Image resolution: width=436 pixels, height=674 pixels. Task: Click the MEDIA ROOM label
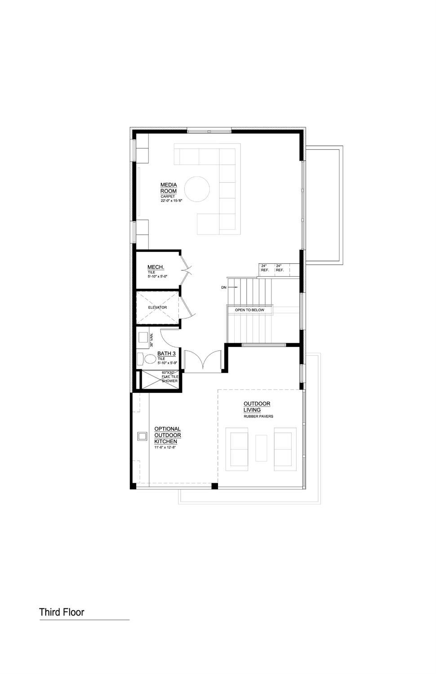[x=169, y=188]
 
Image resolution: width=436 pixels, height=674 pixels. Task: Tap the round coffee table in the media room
[x=197, y=189]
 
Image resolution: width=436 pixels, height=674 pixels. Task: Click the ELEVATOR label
[x=157, y=308]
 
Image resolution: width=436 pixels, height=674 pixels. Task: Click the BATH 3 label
[x=166, y=354]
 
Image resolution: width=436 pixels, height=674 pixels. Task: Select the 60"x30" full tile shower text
[x=170, y=377]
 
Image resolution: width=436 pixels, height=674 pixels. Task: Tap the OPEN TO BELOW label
[x=249, y=310]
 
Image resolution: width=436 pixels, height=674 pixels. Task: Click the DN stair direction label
[x=224, y=287]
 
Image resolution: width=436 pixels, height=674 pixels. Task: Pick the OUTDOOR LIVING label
[x=257, y=407]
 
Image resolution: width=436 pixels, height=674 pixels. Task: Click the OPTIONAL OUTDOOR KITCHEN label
[x=167, y=435]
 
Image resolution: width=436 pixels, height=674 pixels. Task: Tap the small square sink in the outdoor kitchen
[x=142, y=436]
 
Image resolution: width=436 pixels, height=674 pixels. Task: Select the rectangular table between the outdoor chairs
[x=261, y=448]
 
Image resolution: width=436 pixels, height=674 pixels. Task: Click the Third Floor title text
[x=62, y=612]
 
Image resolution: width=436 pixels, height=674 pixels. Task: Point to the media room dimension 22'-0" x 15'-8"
[x=171, y=201]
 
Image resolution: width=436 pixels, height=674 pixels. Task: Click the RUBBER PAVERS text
[x=258, y=417]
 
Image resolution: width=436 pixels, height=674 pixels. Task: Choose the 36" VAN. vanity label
[x=152, y=340]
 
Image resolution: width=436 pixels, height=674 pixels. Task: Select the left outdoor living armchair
[x=239, y=449]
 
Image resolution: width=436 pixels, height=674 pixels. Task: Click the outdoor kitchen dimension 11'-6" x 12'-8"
[x=164, y=448]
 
